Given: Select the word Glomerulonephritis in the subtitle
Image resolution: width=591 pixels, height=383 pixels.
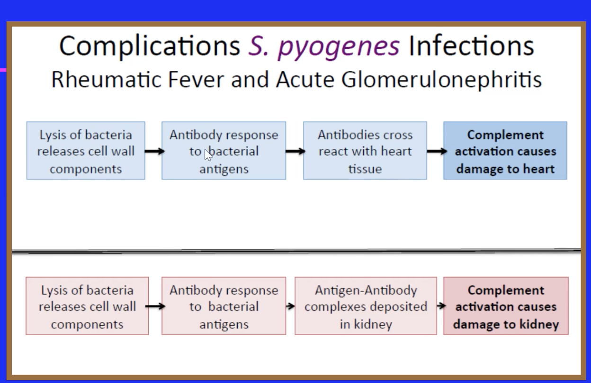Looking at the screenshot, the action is coord(441,79).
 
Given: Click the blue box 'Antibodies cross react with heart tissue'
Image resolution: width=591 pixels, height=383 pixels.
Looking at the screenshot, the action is coord(365,151).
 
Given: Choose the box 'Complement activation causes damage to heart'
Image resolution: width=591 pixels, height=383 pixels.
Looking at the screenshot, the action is coord(505,151).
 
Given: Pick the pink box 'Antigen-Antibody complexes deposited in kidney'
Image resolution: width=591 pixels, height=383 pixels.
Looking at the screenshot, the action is coord(366,306).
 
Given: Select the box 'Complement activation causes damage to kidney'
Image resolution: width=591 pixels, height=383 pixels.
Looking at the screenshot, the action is coord(506,306).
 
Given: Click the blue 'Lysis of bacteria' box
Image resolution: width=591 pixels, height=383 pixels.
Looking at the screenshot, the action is coord(86,151).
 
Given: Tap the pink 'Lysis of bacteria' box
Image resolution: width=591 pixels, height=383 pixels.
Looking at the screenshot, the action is coord(87,306).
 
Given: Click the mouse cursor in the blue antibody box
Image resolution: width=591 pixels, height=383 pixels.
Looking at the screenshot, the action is coord(207,155).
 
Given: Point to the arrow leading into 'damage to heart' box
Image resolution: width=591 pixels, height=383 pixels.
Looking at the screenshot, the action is coord(436,151).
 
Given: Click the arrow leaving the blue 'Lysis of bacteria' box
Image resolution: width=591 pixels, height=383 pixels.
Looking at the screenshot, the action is coord(154,151).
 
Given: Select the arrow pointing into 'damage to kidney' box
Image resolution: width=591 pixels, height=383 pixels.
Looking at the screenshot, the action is coord(441,306).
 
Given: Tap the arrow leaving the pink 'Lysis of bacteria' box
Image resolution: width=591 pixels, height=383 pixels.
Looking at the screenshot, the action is coord(155,306).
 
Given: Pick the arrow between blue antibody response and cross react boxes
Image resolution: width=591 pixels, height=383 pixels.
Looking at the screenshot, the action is coord(295,151).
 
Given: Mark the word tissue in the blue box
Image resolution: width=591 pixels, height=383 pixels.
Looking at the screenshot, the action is coord(365,169).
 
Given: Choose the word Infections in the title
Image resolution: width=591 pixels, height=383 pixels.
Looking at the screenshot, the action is coord(471,46).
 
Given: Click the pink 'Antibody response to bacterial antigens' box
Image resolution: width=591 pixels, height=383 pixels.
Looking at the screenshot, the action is coord(224,306).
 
